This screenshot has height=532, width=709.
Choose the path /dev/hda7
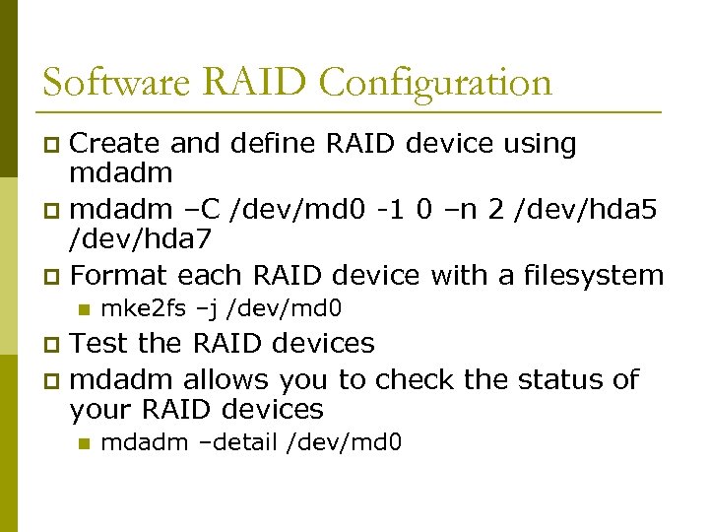(142, 239)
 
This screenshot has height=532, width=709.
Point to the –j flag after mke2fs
(207, 309)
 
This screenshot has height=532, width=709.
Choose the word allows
(226, 378)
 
